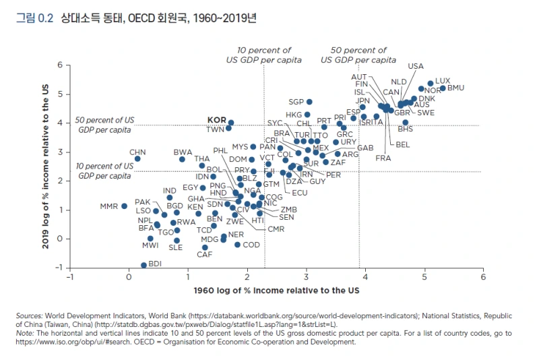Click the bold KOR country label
216,119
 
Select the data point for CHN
137,159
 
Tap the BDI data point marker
144,265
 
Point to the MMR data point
125,206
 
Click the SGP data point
309,102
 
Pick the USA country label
416,66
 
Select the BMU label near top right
455,88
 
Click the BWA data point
183,159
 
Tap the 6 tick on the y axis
59,65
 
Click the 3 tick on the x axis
306,276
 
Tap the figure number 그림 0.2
34,19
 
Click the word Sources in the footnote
30,315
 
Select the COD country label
251,245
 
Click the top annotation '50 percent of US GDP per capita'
358,55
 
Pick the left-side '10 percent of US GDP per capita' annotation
104,171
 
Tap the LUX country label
443,81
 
